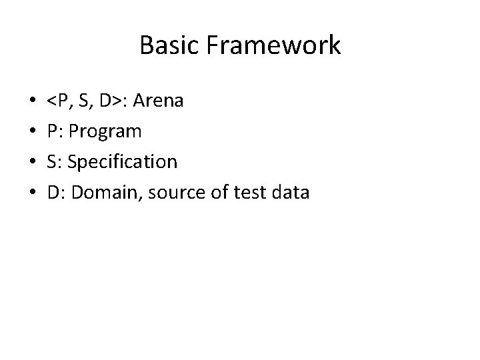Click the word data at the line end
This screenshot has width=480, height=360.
pyautogui.click(x=290, y=193)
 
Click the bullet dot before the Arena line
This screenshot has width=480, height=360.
pyautogui.click(x=25, y=102)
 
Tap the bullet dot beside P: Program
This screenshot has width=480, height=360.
pyautogui.click(x=25, y=132)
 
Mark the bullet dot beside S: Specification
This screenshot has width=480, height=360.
pyautogui.click(x=25, y=163)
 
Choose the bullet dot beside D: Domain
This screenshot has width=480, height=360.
pyautogui.click(x=25, y=193)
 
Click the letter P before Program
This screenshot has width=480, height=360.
pyautogui.click(x=52, y=132)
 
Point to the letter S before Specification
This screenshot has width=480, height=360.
pyautogui.click(x=52, y=163)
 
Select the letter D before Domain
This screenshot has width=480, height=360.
pyautogui.click(x=53, y=193)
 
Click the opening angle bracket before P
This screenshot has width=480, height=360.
pyautogui.click(x=51, y=102)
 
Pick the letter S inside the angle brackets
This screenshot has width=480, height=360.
pyautogui.click(x=84, y=101)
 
